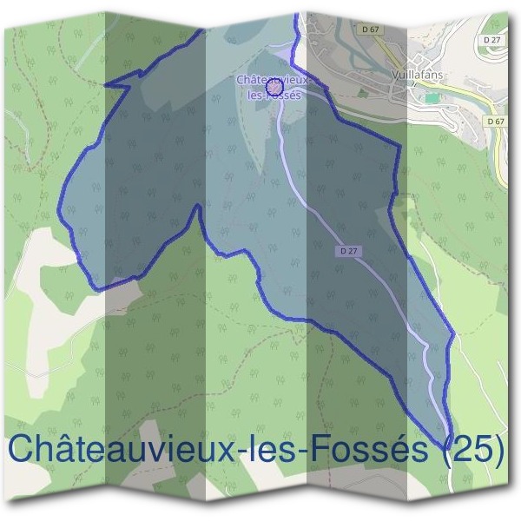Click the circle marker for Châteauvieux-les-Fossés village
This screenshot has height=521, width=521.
pos(274,87)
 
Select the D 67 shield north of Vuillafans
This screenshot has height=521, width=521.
pos(370,30)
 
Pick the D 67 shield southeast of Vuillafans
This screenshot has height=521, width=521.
pos(496,122)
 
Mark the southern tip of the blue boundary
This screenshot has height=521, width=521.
pos(449,442)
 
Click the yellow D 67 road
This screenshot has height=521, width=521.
pos(501,156)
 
